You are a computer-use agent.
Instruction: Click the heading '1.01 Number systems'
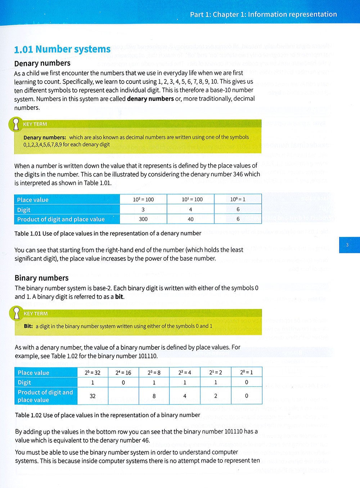pos(62,49)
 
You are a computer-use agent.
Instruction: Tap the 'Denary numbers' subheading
pos(42,63)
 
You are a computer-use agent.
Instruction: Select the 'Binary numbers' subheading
pos(41,278)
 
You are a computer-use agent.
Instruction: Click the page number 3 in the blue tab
pos(347,245)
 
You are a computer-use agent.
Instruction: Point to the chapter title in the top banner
pos(263,14)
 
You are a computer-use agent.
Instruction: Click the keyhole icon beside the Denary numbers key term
pos(15,124)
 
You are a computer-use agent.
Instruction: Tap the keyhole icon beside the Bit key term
pos(16,313)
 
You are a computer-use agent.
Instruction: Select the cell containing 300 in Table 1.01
pos(143,219)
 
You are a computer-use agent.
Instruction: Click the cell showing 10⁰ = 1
pos(238,199)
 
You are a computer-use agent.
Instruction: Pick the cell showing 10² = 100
pos(143,199)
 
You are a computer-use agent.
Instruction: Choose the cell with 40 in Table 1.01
pos(190,219)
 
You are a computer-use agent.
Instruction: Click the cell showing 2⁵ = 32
pos(93,372)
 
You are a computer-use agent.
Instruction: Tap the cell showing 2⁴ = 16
pos(123,372)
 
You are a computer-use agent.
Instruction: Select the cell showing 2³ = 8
pos(154,372)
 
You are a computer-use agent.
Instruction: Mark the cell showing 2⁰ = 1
pos(247,372)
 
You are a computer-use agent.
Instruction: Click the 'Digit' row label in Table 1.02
pos(24,382)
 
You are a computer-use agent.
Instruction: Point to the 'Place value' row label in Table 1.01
pos(33,200)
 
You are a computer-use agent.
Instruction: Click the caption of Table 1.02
pos(108,415)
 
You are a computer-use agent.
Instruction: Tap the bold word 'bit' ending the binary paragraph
pos(119,297)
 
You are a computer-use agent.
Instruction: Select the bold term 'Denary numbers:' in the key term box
pos(45,137)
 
